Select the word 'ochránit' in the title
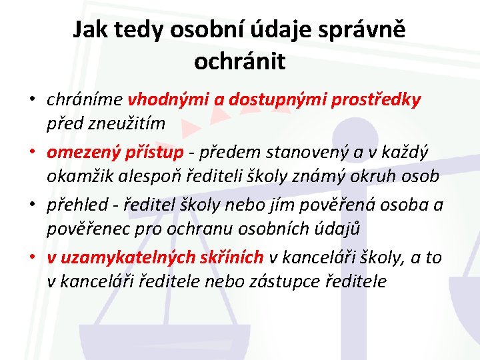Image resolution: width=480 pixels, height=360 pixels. coord(239,61)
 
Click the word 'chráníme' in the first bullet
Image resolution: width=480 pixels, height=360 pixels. coord(85,100)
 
